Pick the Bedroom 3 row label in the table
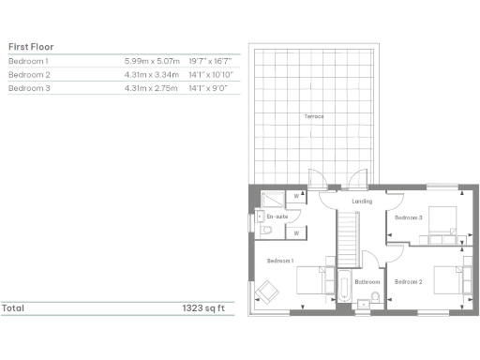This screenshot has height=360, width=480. click(x=29, y=87)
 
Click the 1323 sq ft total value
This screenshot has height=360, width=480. click(x=206, y=307)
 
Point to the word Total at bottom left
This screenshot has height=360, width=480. click(x=13, y=307)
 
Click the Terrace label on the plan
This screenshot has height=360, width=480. click(x=313, y=116)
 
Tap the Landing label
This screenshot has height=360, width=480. click(x=362, y=201)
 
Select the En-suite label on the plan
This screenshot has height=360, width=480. click(x=277, y=217)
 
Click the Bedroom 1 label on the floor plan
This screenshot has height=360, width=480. click(x=280, y=260)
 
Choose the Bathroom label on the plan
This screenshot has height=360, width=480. click(x=367, y=281)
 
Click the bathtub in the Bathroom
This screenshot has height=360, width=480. click(x=344, y=290)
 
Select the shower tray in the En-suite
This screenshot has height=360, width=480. click(x=269, y=198)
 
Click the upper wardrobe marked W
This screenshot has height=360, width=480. click(x=296, y=197)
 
